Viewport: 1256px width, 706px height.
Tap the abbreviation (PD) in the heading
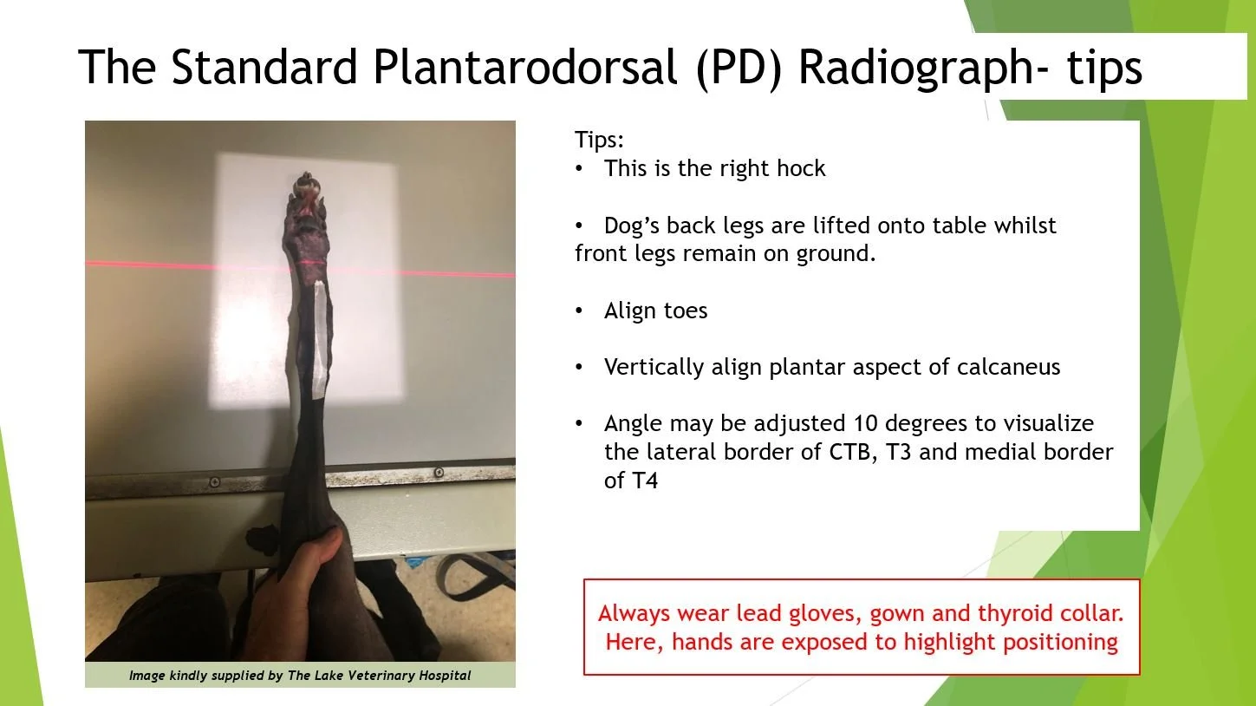[x=740, y=69]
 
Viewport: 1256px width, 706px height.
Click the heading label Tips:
[x=599, y=140]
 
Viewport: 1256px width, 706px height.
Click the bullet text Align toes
[x=655, y=311]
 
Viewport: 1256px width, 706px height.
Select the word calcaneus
[x=1008, y=367]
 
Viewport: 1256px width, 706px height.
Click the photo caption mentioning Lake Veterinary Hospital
[x=300, y=676]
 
